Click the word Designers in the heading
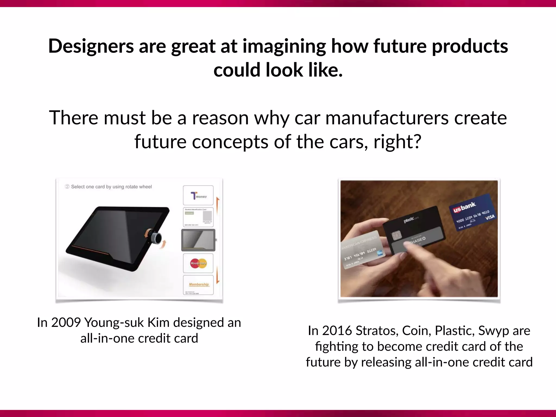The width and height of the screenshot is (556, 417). (91, 46)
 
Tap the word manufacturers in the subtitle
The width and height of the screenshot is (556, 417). (387, 118)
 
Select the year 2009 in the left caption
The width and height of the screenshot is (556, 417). (66, 323)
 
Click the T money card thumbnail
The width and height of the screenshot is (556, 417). (198, 195)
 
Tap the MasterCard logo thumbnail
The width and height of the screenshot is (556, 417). (198, 263)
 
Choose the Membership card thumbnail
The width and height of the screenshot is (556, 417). (198, 285)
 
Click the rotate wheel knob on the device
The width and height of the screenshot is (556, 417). (157, 238)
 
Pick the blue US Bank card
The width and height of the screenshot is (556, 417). (474, 213)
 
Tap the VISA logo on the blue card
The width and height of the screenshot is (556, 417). (490, 217)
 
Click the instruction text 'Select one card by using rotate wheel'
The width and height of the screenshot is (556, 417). (111, 187)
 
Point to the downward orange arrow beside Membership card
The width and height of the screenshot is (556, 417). (218, 276)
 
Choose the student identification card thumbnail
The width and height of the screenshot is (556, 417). (198, 217)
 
